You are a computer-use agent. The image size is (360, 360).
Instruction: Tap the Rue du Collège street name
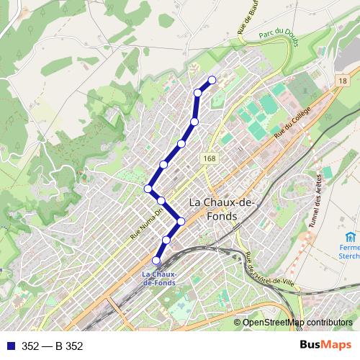292,122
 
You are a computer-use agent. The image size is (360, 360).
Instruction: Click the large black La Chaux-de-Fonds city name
220,210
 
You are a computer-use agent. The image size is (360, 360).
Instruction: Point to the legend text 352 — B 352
53,346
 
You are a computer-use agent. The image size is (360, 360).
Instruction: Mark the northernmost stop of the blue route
212,80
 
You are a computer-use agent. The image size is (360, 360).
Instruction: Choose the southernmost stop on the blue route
157,260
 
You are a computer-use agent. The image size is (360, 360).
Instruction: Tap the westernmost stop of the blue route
148,189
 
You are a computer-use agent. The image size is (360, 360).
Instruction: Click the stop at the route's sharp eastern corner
181,221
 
